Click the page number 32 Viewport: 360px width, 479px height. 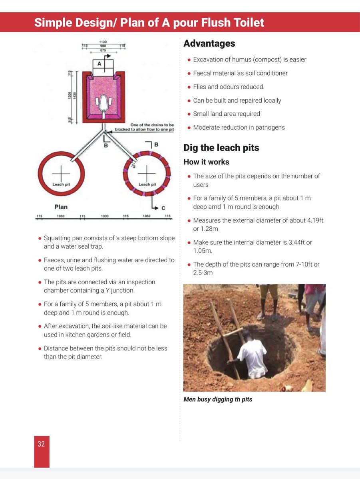(x=42, y=444)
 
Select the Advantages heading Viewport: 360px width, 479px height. (x=209, y=44)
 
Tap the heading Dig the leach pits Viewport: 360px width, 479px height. (x=221, y=148)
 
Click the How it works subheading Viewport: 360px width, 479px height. (x=206, y=162)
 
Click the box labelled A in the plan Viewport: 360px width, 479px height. (x=99, y=64)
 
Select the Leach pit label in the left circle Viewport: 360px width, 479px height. (x=61, y=184)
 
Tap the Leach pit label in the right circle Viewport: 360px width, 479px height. (x=147, y=184)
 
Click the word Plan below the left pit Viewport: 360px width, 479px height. (x=61, y=207)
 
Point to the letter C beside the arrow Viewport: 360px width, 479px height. (x=163, y=208)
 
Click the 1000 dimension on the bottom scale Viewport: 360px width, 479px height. (x=105, y=216)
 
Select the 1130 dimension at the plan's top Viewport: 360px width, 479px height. (x=103, y=42)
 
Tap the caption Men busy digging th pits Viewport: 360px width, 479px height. (x=218, y=399)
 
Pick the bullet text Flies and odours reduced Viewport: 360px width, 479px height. (x=229, y=87)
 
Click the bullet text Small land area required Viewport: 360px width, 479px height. (x=226, y=114)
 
